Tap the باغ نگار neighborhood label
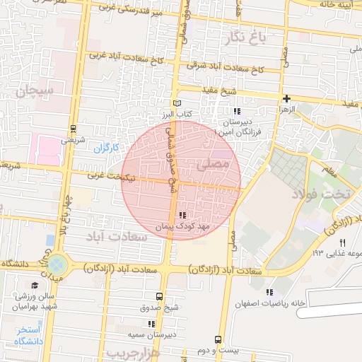click(248, 37)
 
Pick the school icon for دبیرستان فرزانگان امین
click(236, 111)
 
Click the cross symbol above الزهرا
click(286, 99)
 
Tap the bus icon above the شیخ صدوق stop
click(158, 296)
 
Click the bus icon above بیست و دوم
click(218, 339)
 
